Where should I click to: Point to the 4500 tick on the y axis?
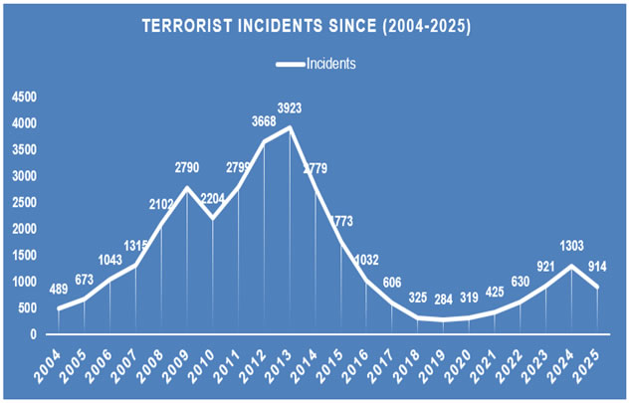[x=24, y=98]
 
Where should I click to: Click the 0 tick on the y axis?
[x=33, y=335]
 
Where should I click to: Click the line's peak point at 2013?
[x=290, y=127]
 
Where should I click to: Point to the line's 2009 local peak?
[x=187, y=187]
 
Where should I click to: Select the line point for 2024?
[x=572, y=266]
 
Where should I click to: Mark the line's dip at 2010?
[x=213, y=218]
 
